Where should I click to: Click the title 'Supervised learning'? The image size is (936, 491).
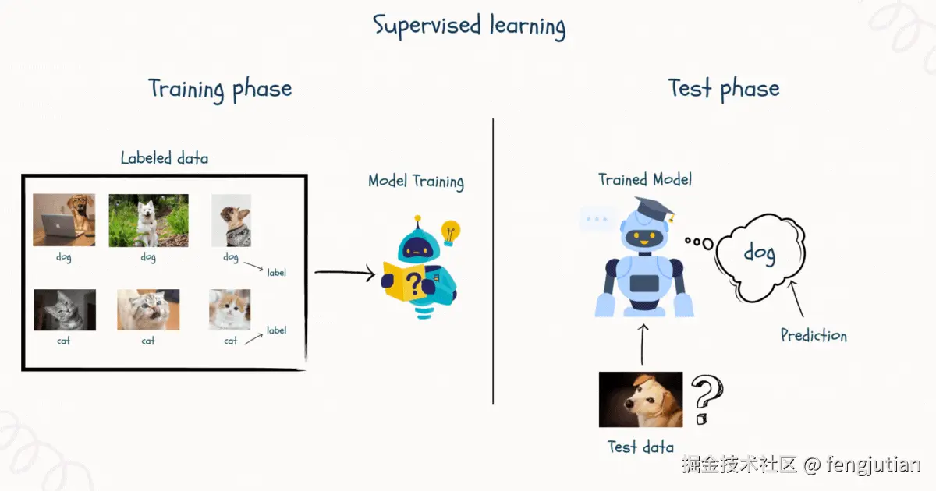(469, 25)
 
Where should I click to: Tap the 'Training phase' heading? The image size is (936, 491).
(220, 89)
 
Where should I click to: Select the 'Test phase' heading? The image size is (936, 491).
(723, 88)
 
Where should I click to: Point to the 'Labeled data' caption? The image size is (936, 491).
(165, 158)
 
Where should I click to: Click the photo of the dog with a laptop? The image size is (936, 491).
(64, 220)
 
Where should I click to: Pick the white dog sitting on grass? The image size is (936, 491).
(148, 221)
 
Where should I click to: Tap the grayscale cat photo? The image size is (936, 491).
(65, 309)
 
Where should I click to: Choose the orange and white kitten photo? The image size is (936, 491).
(230, 309)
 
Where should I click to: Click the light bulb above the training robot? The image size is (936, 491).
(450, 231)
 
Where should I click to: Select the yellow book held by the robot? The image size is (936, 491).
(403, 281)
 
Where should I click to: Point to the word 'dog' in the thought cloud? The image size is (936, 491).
(758, 253)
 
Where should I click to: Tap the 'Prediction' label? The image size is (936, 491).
(814, 336)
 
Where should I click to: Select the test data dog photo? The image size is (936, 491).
(640, 400)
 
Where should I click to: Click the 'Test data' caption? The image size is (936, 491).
(640, 447)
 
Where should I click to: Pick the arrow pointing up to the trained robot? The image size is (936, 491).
(643, 344)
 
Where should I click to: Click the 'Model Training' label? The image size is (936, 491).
(416, 182)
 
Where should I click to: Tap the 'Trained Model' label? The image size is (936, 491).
(645, 179)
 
